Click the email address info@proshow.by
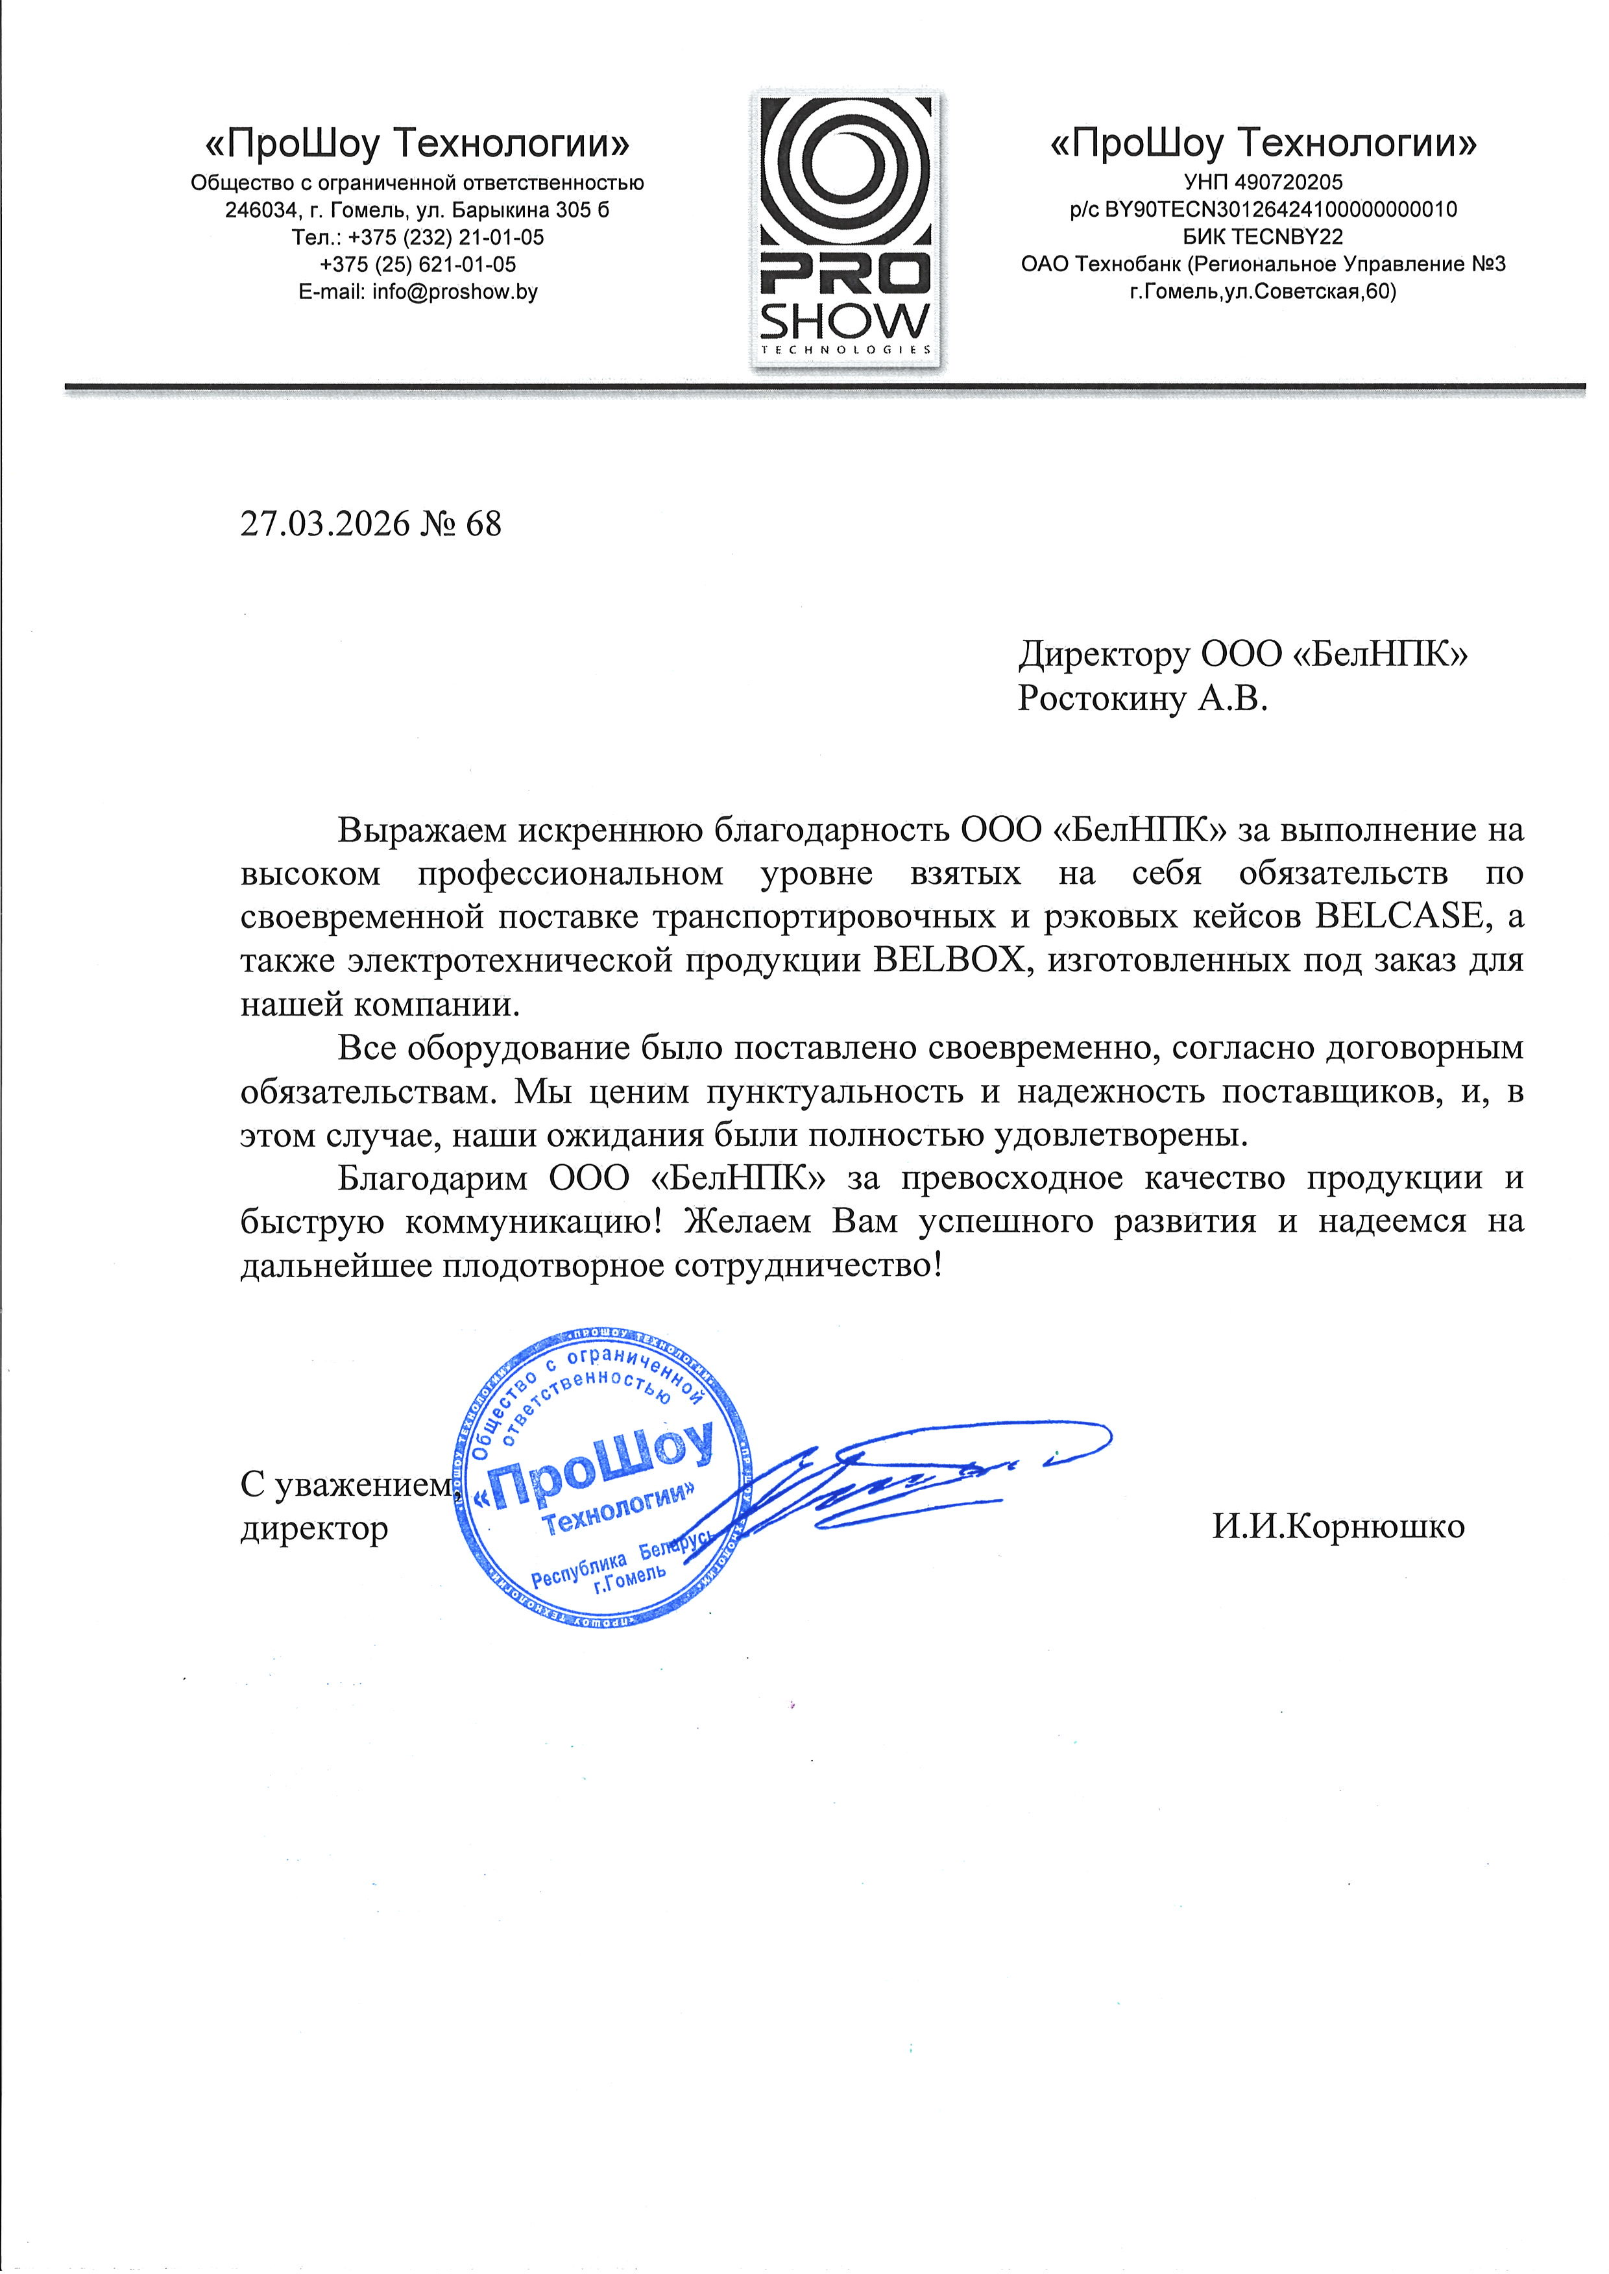(x=455, y=292)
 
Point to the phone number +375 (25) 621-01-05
(x=418, y=265)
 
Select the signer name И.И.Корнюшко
(x=1338, y=1527)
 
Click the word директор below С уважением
(x=314, y=1529)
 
